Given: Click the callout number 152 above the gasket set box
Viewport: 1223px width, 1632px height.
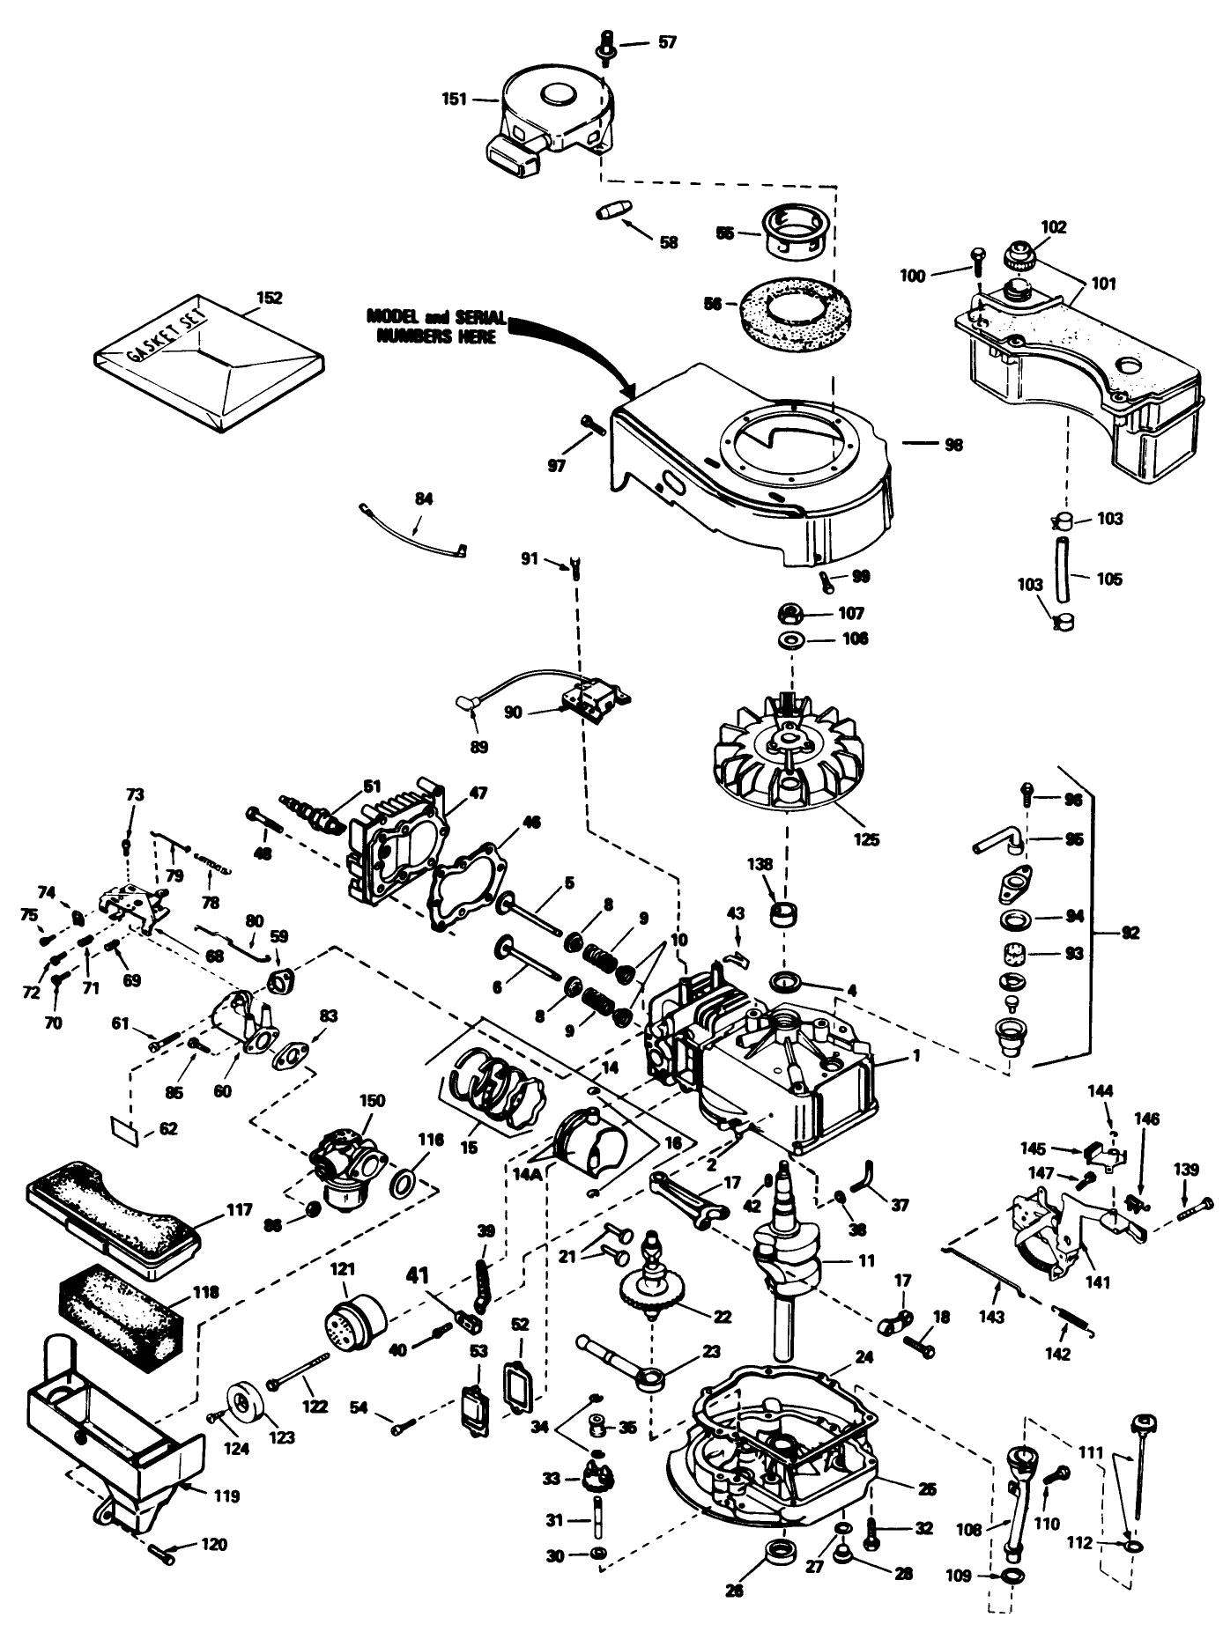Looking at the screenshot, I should pyautogui.click(x=269, y=298).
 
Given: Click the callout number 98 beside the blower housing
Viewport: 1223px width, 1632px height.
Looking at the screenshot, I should pyautogui.click(x=953, y=445).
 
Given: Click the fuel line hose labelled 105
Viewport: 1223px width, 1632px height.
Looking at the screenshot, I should pyautogui.click(x=1064, y=579).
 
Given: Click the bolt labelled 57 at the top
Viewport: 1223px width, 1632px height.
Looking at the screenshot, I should pyautogui.click(x=607, y=42).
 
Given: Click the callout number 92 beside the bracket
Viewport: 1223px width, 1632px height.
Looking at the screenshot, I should pyautogui.click(x=1129, y=933).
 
